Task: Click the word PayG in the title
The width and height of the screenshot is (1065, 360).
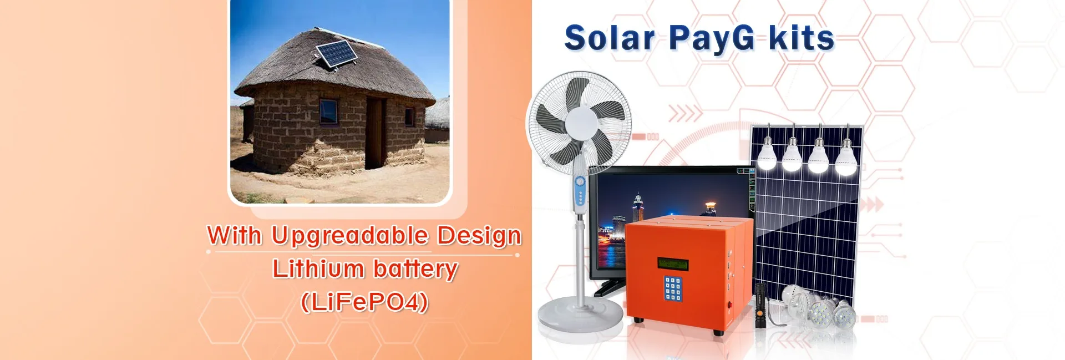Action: point(712,39)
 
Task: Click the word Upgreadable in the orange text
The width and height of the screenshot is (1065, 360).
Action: point(349,236)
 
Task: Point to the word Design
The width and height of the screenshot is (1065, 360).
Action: point(479,236)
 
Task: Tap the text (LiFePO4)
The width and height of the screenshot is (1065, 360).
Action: point(364,302)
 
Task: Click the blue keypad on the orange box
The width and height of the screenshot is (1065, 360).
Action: point(672,288)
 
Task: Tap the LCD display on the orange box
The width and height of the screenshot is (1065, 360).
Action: point(672,263)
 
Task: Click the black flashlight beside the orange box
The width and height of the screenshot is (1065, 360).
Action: point(760,305)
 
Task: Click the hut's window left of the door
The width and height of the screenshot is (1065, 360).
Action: point(328,111)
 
